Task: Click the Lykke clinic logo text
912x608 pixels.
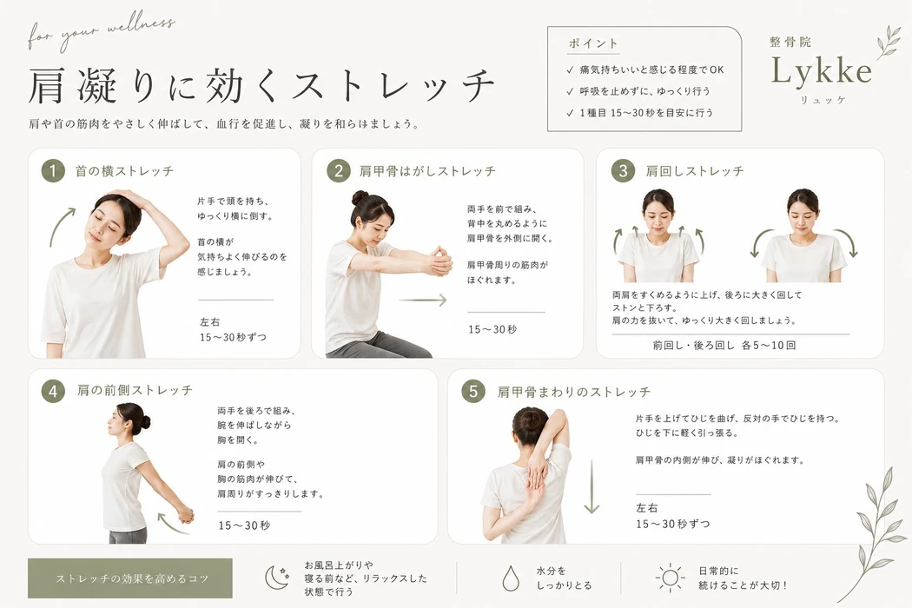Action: [x=822, y=71]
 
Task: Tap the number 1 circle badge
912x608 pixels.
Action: [x=53, y=171]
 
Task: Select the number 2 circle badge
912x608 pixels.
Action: [x=339, y=171]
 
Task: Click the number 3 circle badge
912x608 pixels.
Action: [x=623, y=171]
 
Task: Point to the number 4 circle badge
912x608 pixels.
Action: [x=53, y=391]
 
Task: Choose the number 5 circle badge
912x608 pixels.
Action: [x=473, y=391]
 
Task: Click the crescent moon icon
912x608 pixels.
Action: [x=276, y=578]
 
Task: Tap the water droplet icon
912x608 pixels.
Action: [x=511, y=578]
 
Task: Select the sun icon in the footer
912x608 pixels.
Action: [x=670, y=578]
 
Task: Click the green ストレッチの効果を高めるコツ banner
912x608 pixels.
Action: [x=130, y=578]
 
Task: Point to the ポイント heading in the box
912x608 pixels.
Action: [x=592, y=43]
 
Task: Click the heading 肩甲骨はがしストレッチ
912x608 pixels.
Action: [x=427, y=171]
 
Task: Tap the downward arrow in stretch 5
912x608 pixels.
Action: [x=591, y=486]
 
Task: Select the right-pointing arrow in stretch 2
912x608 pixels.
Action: [x=423, y=301]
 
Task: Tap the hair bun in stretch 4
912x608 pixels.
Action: [x=145, y=422]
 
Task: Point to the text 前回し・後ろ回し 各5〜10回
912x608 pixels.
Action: [x=724, y=345]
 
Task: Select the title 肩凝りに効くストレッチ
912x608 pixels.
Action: [x=261, y=86]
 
